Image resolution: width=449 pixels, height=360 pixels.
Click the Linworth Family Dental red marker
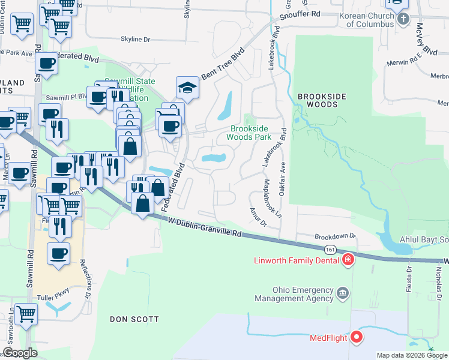[348, 260]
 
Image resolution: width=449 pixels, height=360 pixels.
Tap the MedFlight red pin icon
[357, 337]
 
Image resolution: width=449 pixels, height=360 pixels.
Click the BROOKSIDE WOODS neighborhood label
[323, 100]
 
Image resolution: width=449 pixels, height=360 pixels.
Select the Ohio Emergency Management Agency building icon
[343, 293]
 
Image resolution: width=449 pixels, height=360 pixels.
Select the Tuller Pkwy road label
[56, 292]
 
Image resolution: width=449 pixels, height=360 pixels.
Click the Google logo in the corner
[19, 353]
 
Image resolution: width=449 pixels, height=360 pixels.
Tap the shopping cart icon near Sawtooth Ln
[25, 314]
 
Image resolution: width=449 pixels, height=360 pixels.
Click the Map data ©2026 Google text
[412, 355]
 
